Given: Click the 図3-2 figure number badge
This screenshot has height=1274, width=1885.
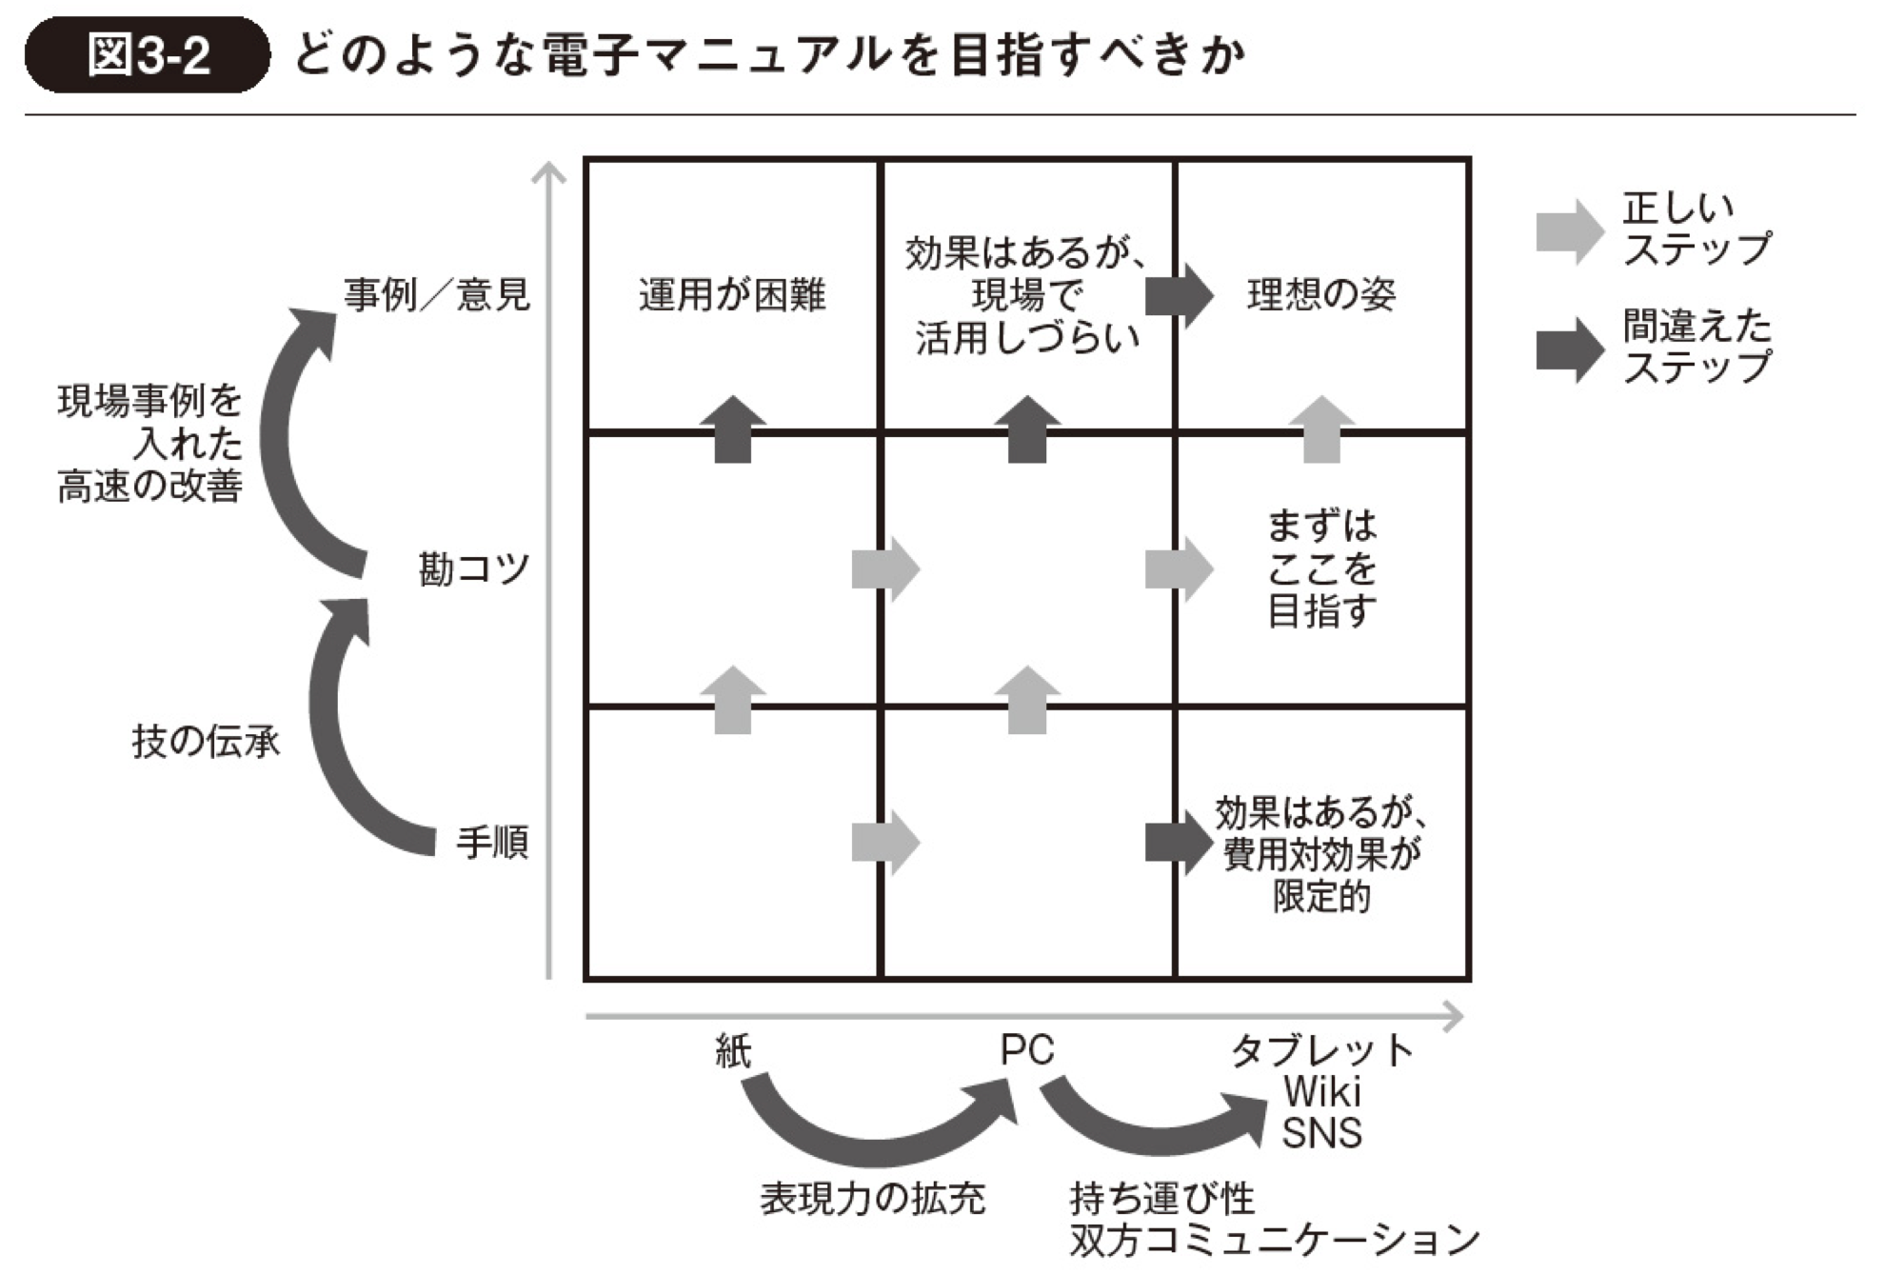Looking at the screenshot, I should (x=148, y=55).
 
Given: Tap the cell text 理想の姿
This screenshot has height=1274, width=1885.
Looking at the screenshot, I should (x=1321, y=294).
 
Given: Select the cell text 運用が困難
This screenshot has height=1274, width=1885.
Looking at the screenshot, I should (x=732, y=294).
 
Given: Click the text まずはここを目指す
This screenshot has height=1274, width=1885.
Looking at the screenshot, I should (x=1321, y=568).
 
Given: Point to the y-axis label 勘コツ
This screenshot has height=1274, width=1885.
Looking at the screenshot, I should (x=473, y=569).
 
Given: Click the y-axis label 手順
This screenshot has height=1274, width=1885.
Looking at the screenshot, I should (x=491, y=843).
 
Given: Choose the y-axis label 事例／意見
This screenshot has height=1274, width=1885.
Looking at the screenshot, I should (x=436, y=294).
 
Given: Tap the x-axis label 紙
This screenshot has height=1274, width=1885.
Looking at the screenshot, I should (x=733, y=1050).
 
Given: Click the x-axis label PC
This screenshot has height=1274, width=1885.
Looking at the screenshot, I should (x=1026, y=1050).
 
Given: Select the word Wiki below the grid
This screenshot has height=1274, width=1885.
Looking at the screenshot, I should (x=1321, y=1092).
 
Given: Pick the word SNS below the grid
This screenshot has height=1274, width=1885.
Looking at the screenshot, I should (x=1321, y=1133).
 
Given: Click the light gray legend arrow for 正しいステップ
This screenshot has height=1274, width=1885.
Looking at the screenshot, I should (x=1569, y=231).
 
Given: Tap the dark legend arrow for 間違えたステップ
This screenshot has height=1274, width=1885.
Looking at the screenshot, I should (x=1569, y=349).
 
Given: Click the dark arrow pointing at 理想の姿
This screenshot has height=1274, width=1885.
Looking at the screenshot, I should (x=1179, y=295).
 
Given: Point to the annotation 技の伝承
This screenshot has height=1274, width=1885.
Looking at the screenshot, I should (x=206, y=741).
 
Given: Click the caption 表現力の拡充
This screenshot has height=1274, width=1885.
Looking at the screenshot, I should (x=872, y=1198).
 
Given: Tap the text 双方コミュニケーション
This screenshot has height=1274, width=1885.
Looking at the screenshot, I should (x=1274, y=1240).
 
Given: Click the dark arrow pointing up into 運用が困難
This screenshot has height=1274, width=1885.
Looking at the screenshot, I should (x=733, y=429).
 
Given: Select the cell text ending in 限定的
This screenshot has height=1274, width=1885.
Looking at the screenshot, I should (x=1321, y=854).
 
